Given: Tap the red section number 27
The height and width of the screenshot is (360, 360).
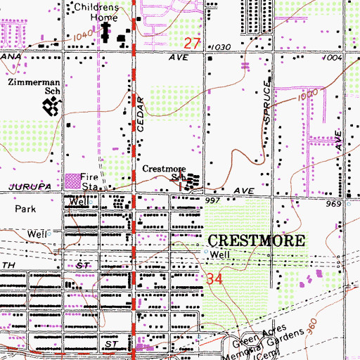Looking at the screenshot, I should [193, 44].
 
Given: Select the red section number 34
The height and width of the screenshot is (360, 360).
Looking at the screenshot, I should [215, 279].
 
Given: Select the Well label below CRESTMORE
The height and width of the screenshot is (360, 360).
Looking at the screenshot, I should [220, 255].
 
